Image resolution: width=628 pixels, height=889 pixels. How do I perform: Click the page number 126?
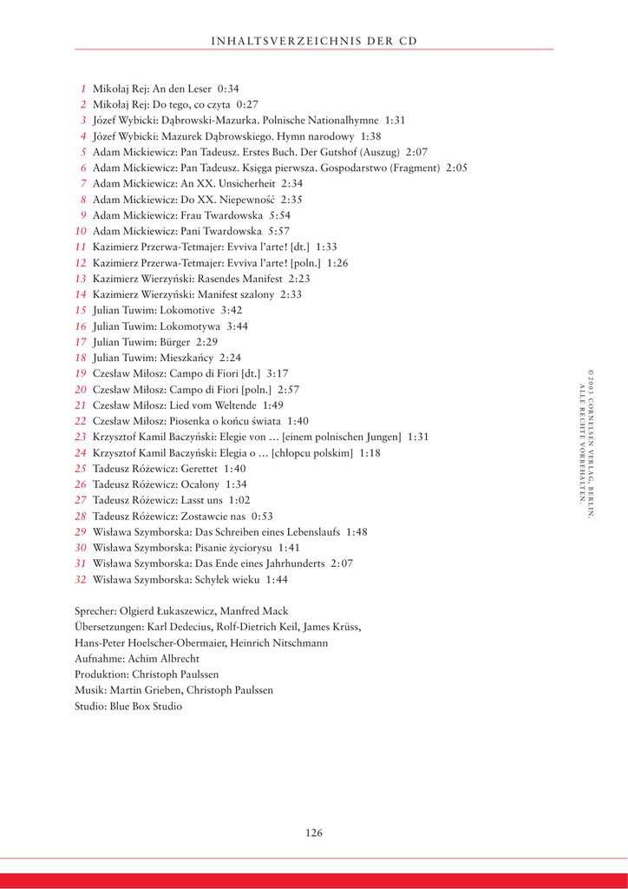(x=314, y=833)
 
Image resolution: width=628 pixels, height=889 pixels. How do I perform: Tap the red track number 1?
(x=83, y=89)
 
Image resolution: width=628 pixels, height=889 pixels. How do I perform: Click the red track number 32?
(x=81, y=579)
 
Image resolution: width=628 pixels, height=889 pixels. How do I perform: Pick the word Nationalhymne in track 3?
(x=343, y=121)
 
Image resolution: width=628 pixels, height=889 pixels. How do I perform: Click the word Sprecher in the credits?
(x=95, y=611)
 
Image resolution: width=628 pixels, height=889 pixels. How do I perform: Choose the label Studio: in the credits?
(x=91, y=707)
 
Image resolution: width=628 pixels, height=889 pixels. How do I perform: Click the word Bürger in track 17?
(x=175, y=342)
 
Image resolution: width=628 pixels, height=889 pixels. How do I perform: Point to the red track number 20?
(x=81, y=390)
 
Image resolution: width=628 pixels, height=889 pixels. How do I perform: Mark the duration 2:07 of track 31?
(x=342, y=563)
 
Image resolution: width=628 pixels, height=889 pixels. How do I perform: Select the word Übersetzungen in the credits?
(x=108, y=627)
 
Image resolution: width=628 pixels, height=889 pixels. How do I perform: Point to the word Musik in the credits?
(x=88, y=690)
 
